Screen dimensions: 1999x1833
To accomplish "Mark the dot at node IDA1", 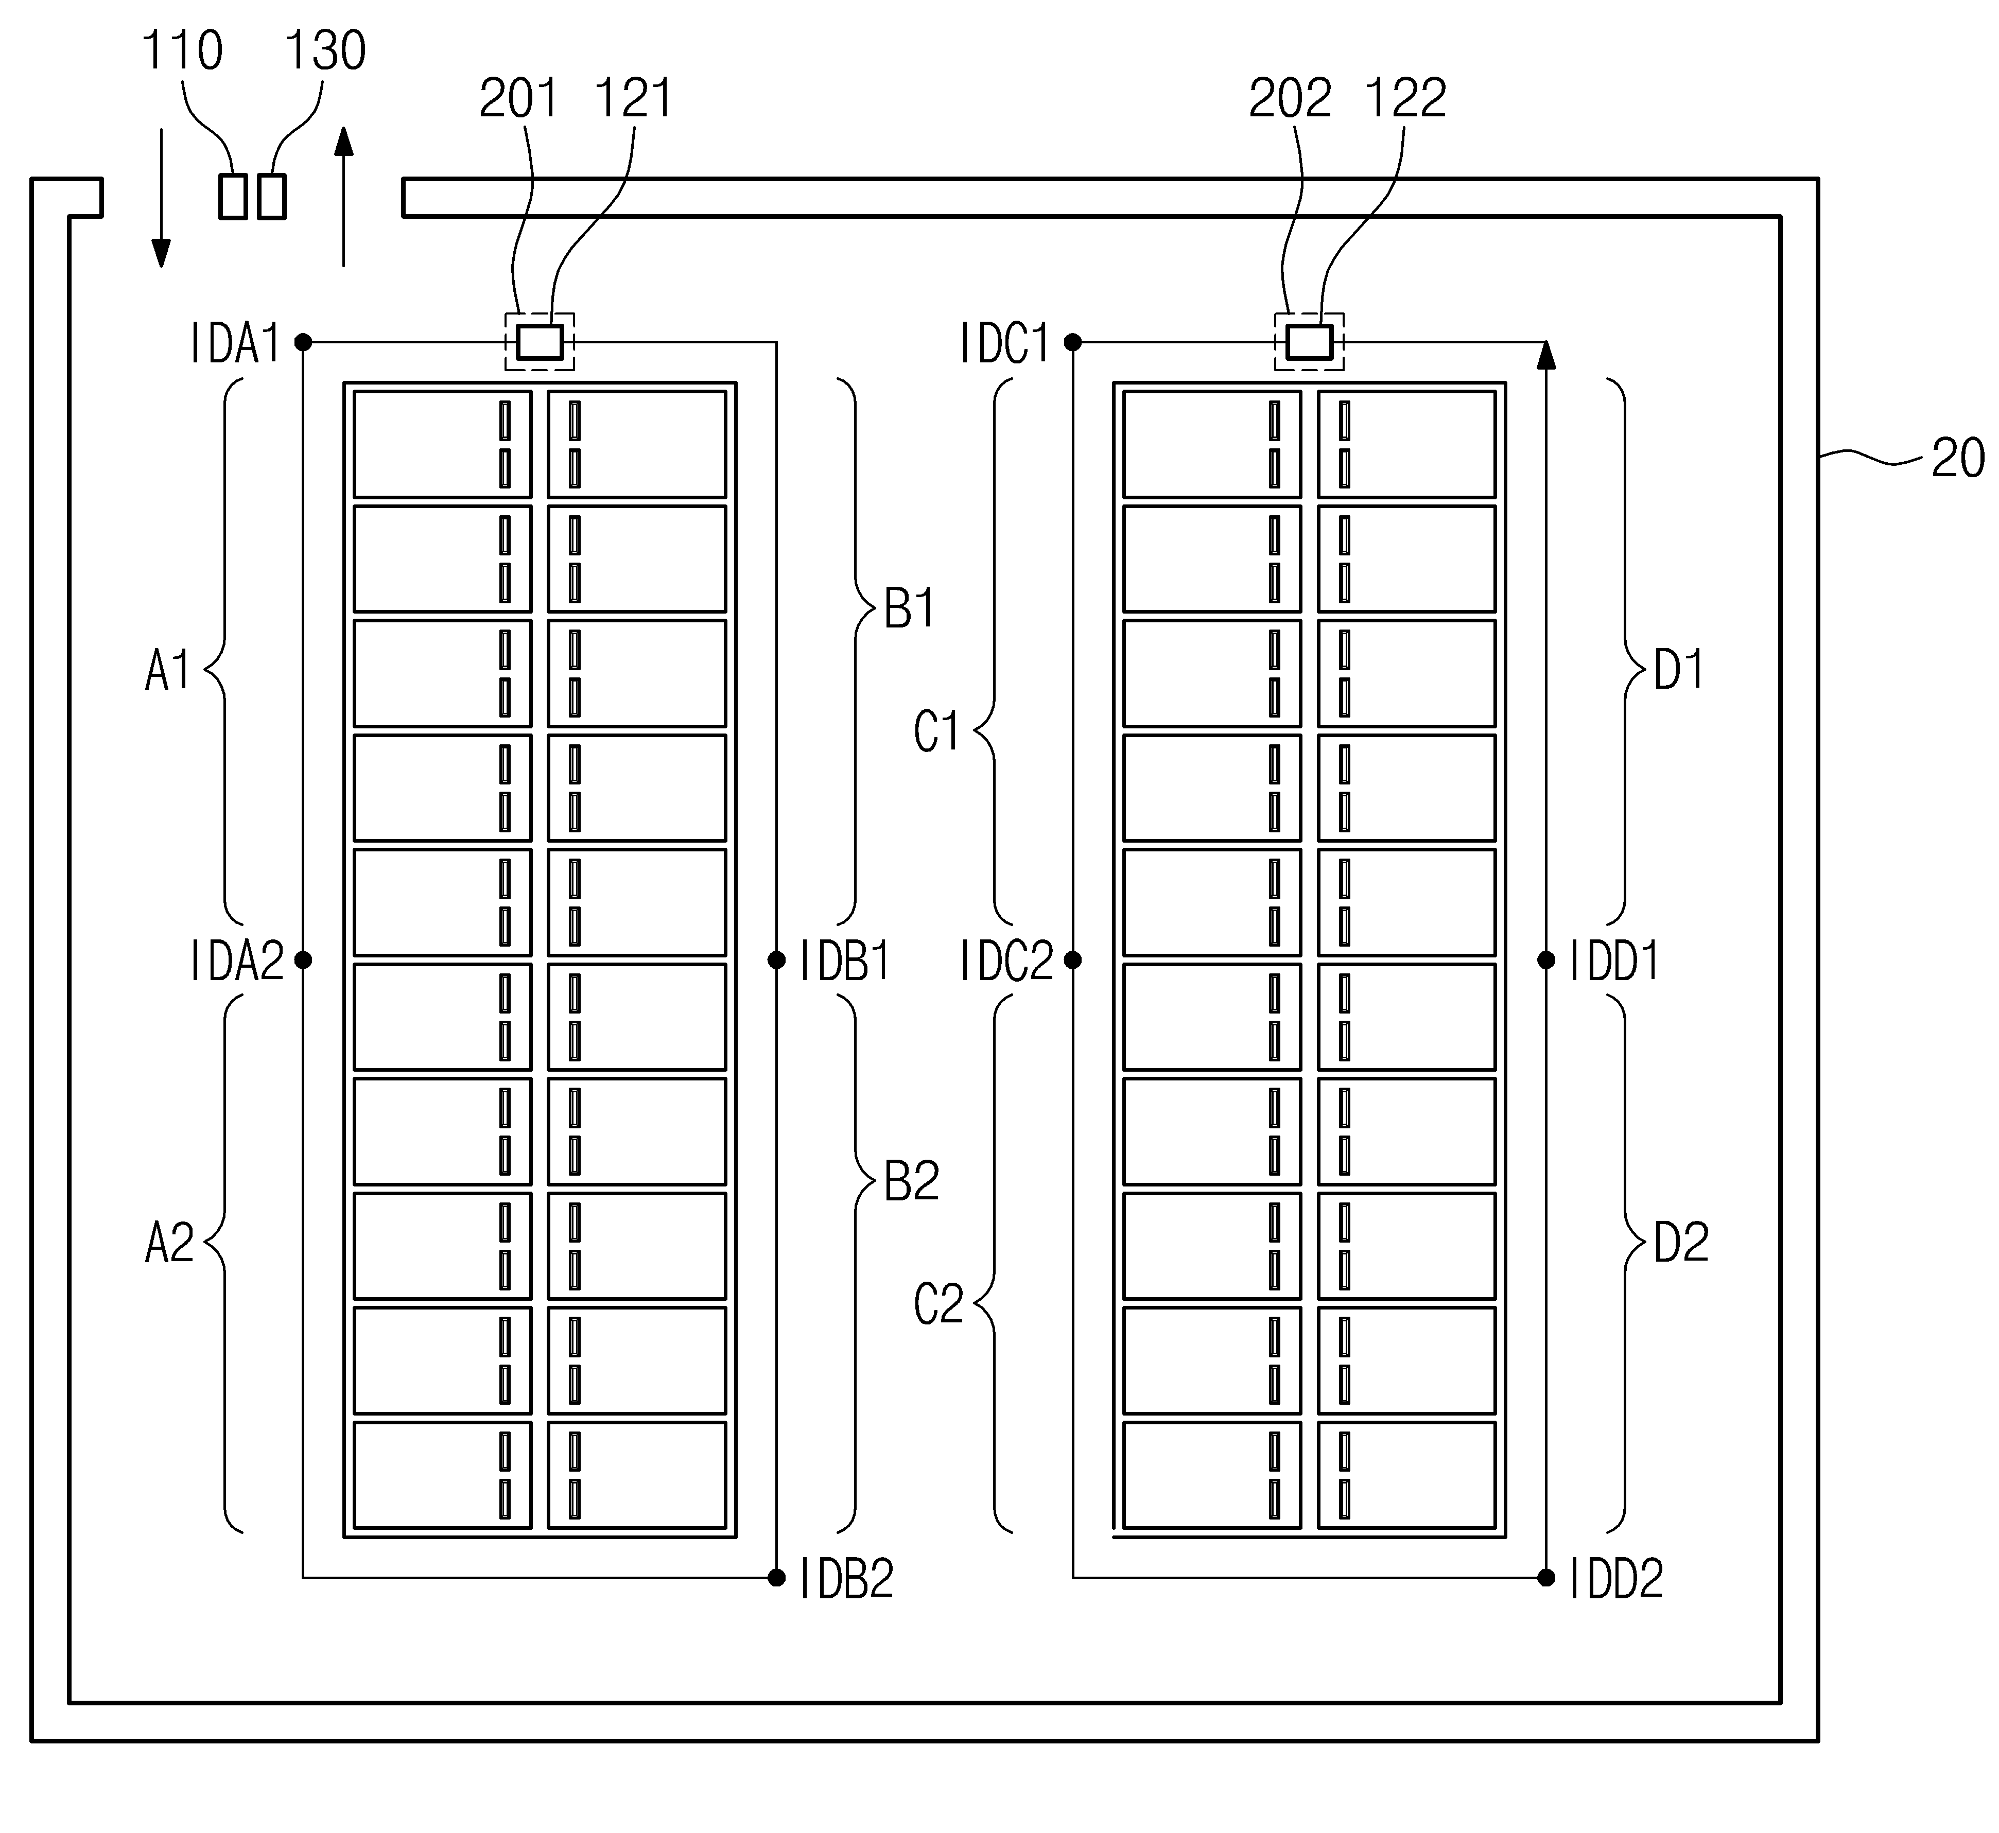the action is [x=304, y=342].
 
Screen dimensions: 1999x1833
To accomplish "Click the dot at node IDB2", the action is [x=777, y=1577].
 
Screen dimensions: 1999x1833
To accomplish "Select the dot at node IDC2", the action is [x=1072, y=959].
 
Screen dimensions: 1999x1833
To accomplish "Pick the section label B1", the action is [x=909, y=609].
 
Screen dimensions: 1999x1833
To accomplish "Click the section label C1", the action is [x=936, y=732].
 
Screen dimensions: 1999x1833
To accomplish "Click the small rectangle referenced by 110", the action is [x=233, y=197].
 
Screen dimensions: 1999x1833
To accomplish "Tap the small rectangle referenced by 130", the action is [x=272, y=197].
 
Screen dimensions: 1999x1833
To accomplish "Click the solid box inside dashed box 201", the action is [x=540, y=342].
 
